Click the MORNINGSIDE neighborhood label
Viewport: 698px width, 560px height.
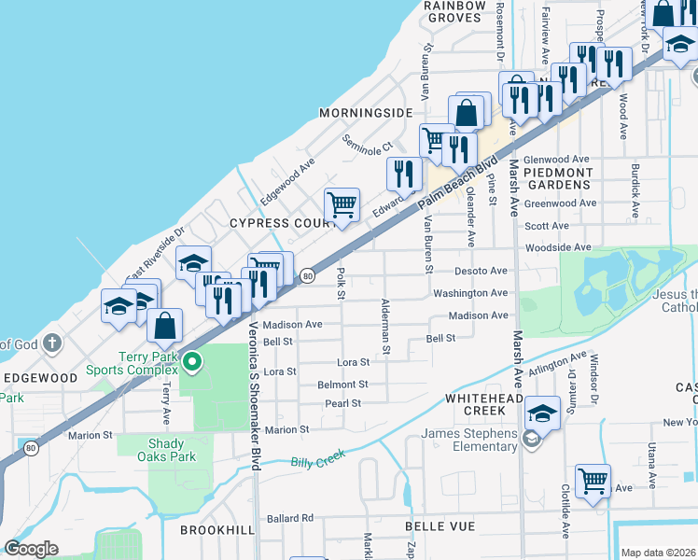point(365,113)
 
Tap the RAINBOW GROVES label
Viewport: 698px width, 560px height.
point(455,11)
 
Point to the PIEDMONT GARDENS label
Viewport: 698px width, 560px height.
point(558,178)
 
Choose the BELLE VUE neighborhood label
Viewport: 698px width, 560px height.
point(440,527)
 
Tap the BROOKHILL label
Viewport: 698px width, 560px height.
point(210,529)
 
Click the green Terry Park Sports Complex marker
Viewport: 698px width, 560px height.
point(191,361)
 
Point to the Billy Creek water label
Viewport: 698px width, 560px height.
point(317,458)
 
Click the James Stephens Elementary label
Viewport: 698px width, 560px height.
point(469,440)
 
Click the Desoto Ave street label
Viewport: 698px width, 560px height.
point(482,271)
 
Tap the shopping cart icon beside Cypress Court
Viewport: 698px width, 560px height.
point(342,203)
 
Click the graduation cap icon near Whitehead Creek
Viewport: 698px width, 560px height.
point(542,412)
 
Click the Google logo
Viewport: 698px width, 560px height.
point(32,548)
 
